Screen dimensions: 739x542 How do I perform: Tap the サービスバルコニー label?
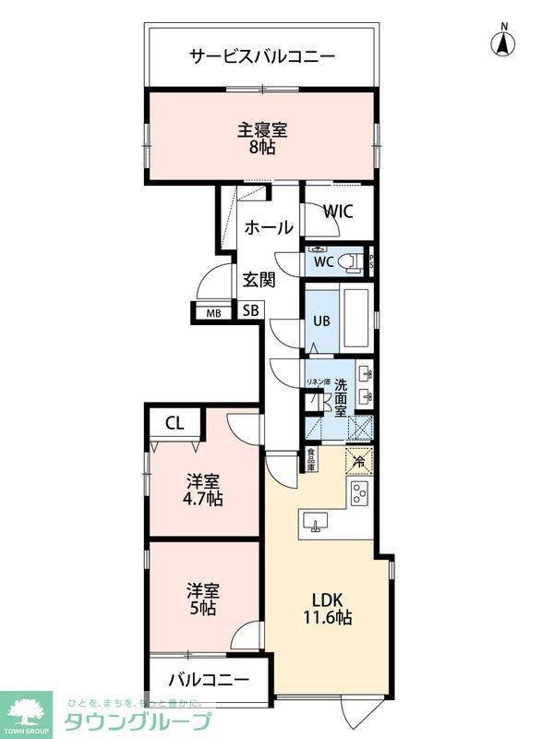click(262, 55)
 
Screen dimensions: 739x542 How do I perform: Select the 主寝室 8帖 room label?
click(261, 138)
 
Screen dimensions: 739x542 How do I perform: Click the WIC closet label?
click(338, 211)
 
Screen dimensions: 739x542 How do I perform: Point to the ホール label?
click(269, 227)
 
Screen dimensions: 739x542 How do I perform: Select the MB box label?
click(213, 312)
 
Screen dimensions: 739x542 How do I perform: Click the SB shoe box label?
click(251, 311)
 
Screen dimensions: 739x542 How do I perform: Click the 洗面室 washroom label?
click(341, 398)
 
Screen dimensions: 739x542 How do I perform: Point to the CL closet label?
click(174, 424)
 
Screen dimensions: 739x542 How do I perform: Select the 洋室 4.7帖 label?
click(203, 490)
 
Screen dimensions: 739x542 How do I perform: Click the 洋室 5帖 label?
click(202, 599)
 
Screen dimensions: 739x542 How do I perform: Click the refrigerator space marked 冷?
click(357, 459)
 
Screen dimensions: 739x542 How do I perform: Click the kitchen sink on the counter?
click(317, 524)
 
